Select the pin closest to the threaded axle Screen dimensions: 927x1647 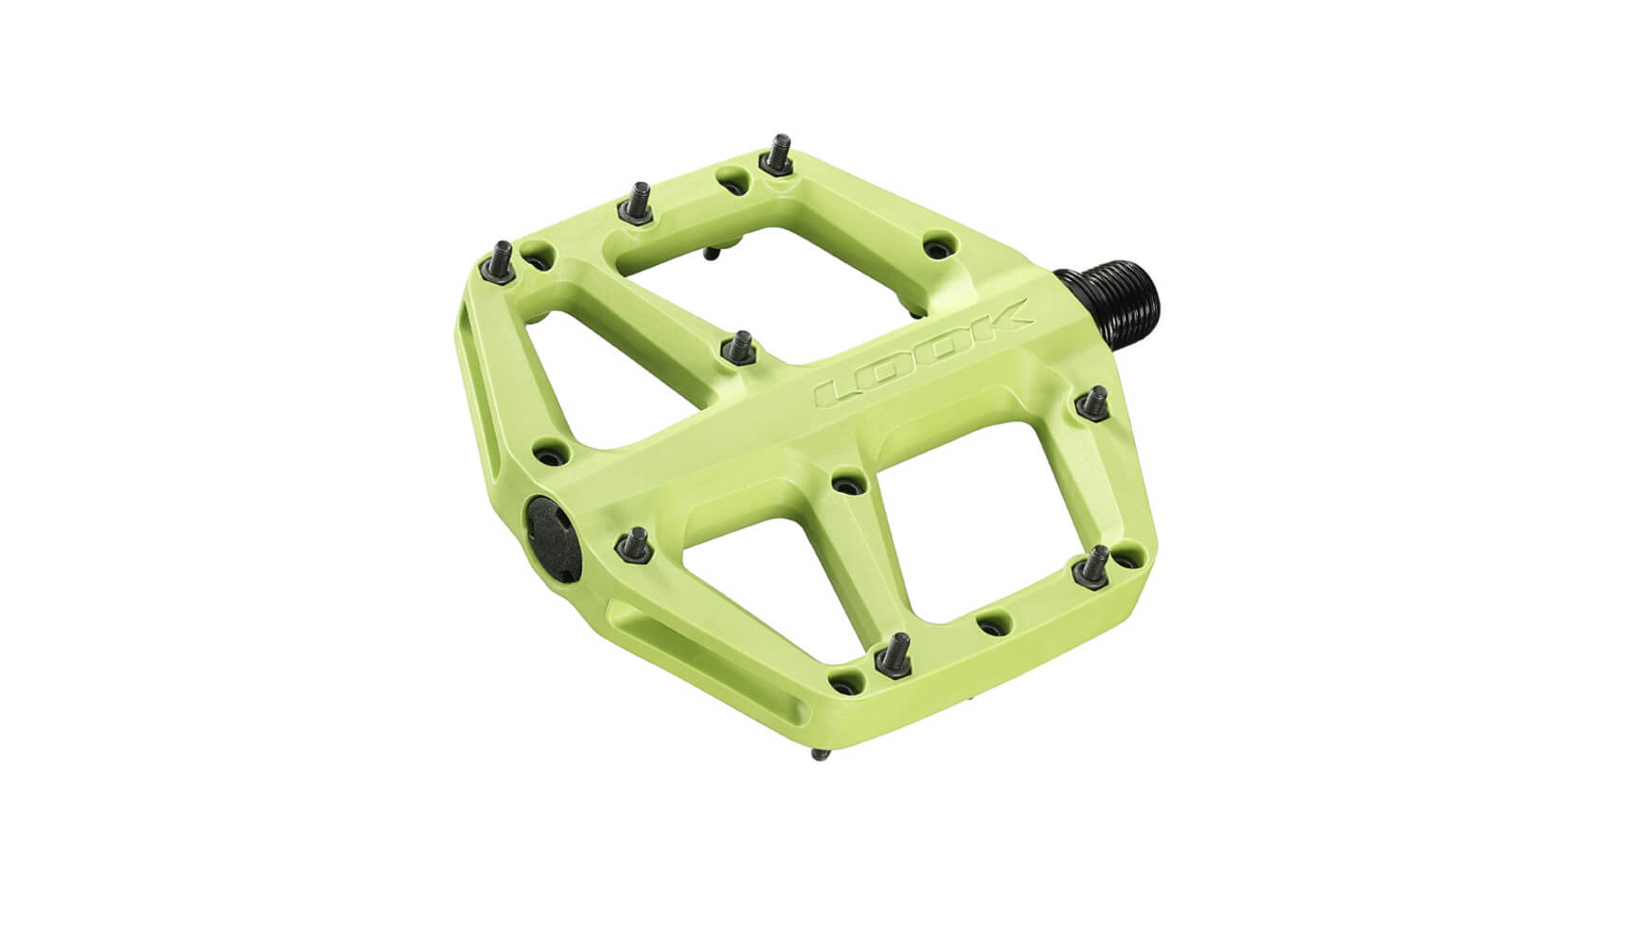(x=1095, y=402)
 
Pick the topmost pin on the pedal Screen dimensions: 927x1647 (x=778, y=157)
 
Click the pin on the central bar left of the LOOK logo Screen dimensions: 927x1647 (x=740, y=348)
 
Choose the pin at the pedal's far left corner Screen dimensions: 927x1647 (x=502, y=260)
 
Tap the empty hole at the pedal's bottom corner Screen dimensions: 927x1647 (x=841, y=678)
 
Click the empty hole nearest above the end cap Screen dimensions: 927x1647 (x=547, y=455)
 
